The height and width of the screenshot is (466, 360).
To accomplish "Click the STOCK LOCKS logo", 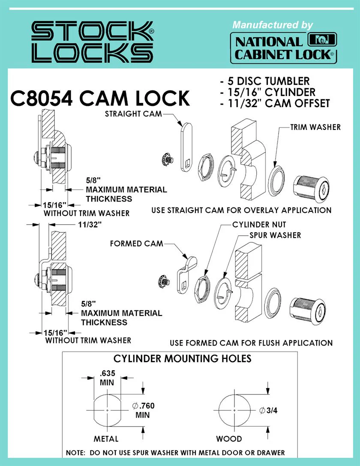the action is pyautogui.click(x=93, y=42).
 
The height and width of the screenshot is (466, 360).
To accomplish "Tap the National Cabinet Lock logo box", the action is pyautogui.click(x=283, y=48).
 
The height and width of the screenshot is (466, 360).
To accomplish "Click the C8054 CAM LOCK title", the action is pyautogui.click(x=100, y=98).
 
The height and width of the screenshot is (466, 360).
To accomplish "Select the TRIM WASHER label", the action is pyautogui.click(x=315, y=127).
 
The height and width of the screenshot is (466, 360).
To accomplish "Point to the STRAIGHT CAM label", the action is pyautogui.click(x=133, y=114).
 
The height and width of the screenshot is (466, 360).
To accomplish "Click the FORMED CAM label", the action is pyautogui.click(x=137, y=244).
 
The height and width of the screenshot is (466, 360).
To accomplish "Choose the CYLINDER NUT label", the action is pyautogui.click(x=259, y=225).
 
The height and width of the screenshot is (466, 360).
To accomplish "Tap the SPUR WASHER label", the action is pyautogui.click(x=275, y=235).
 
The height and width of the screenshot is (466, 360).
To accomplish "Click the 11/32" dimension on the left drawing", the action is pyautogui.click(x=90, y=225).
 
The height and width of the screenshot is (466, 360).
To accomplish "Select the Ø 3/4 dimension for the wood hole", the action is pyautogui.click(x=268, y=410).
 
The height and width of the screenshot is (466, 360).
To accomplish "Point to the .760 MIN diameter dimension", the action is pyautogui.click(x=143, y=410).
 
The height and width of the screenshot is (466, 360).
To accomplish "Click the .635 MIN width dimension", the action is pyautogui.click(x=107, y=378).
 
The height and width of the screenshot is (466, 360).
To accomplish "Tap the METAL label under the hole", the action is pyautogui.click(x=106, y=439).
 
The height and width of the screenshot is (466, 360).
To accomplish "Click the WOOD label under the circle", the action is pyautogui.click(x=229, y=439).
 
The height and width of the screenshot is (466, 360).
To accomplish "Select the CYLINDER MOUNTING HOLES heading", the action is pyautogui.click(x=183, y=359).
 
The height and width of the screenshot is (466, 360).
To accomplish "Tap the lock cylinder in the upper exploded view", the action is pyautogui.click(x=311, y=189).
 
